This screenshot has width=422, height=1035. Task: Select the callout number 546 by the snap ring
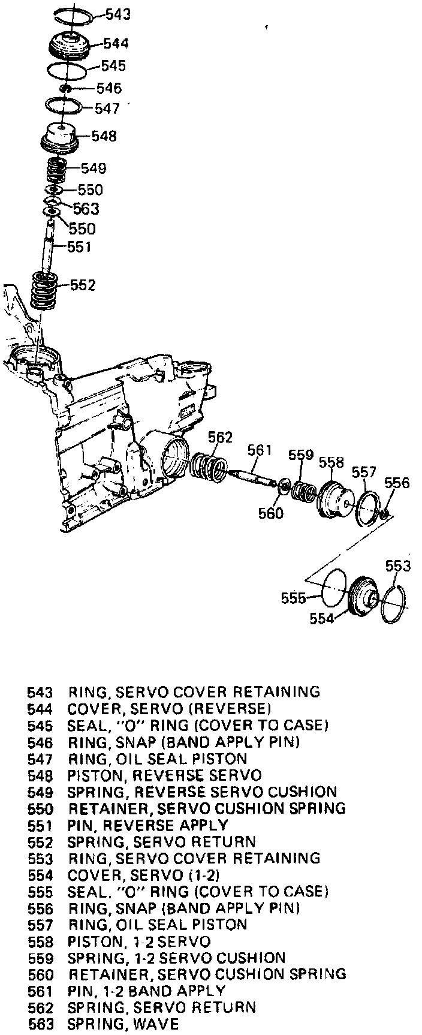(109, 88)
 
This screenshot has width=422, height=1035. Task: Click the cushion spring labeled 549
(58, 170)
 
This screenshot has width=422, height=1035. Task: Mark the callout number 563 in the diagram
(86, 209)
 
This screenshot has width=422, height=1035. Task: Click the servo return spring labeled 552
(44, 290)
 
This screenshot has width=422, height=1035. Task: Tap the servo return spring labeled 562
(209, 467)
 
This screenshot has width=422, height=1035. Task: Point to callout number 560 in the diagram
(270, 513)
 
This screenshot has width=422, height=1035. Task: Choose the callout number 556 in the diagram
(397, 483)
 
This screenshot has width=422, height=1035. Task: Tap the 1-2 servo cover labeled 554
(363, 597)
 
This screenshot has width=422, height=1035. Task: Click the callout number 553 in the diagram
(398, 566)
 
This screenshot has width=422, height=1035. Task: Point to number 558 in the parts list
(40, 941)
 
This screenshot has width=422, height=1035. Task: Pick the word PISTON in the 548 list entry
(95, 775)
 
